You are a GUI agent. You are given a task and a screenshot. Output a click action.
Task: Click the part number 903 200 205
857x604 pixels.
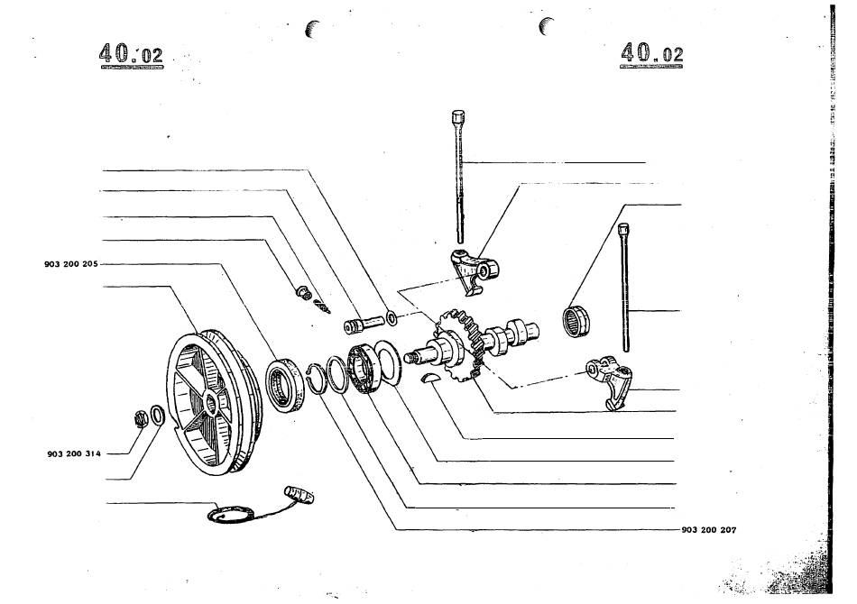click(71, 264)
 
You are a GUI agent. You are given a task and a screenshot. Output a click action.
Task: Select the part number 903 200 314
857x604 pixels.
click(74, 453)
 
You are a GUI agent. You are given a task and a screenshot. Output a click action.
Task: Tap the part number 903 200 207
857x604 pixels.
click(709, 530)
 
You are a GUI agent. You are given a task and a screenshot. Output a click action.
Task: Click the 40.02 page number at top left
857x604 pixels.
click(131, 55)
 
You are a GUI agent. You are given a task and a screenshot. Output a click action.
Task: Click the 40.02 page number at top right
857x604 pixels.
click(651, 53)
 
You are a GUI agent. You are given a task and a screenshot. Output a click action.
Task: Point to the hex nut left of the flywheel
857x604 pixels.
click(141, 419)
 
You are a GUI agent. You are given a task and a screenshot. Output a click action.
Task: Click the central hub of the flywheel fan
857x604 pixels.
click(211, 404)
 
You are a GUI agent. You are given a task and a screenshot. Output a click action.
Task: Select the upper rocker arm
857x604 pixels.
click(474, 270)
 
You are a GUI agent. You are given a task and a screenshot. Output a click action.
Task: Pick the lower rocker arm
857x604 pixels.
click(610, 380)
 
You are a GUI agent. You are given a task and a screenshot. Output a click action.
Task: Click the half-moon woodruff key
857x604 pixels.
click(428, 378)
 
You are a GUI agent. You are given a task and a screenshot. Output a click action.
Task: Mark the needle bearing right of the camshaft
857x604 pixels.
click(576, 321)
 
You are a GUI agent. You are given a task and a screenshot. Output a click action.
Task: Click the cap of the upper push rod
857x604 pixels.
click(458, 116)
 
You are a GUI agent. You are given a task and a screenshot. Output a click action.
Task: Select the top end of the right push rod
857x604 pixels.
click(623, 227)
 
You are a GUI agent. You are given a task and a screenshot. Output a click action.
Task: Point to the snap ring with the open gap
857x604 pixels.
click(316, 378)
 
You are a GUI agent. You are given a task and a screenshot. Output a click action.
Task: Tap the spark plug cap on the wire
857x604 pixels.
click(299, 494)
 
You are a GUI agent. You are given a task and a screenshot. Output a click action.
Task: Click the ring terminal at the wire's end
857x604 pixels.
click(231, 514)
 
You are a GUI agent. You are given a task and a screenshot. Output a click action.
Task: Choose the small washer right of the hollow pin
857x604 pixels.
click(392, 317)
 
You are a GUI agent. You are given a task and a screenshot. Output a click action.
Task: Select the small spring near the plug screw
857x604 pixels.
click(322, 307)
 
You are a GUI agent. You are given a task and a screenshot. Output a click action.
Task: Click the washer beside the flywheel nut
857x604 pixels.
click(157, 415)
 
